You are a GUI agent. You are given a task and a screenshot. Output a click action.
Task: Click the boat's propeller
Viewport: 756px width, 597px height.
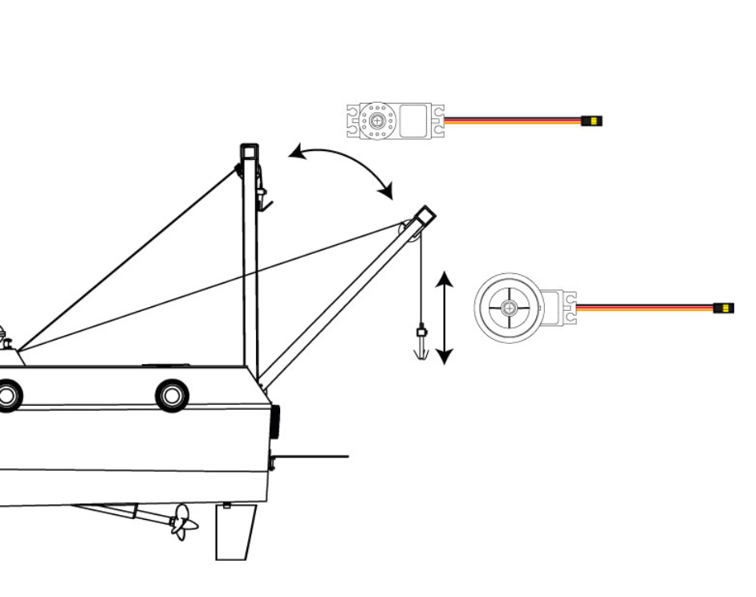pos(184,522)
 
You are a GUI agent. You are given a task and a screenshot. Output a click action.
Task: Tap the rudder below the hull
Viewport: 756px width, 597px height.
pos(235,531)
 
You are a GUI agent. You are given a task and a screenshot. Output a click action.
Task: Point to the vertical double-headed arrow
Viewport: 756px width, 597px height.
pos(445,317)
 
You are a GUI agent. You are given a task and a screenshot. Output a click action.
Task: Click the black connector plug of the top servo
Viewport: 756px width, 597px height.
pos(591,121)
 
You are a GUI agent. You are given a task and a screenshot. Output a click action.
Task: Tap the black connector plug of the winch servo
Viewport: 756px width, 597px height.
pos(723,308)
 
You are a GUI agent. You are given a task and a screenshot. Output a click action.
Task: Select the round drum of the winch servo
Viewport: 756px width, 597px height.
pos(509,308)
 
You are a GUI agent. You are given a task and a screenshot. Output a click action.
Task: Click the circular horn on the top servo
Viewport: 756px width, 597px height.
pos(376,121)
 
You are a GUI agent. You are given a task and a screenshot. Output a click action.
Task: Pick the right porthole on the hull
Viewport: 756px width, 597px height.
pos(172,395)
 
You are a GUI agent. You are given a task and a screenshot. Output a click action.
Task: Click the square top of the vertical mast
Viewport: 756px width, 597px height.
pos(250,151)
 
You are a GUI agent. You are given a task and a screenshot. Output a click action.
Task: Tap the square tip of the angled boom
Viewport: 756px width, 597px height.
pos(425,215)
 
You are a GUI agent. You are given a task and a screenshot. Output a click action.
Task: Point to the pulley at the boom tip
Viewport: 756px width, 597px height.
pos(411,231)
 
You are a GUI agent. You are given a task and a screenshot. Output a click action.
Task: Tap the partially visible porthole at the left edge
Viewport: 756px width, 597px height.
pos(8,395)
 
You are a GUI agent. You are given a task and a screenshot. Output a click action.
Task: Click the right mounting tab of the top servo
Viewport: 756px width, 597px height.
pos(437,121)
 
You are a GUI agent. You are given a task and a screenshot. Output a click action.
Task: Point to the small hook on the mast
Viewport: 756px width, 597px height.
pos(262,197)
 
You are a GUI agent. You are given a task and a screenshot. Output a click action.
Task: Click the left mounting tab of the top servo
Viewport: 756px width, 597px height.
pos(353,121)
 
